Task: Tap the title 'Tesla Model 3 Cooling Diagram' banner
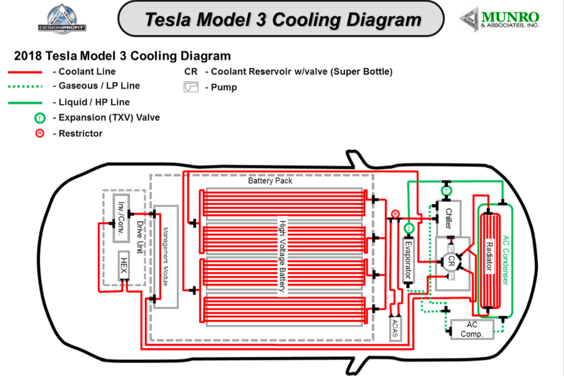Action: [x=283, y=19]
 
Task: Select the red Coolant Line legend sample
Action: [x=26, y=72]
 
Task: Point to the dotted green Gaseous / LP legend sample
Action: [x=26, y=87]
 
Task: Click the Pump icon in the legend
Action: [x=191, y=87]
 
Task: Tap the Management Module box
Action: [x=165, y=256]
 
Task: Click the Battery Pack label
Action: [x=270, y=181]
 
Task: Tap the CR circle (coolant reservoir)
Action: [x=451, y=263]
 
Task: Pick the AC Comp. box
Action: [x=472, y=329]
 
